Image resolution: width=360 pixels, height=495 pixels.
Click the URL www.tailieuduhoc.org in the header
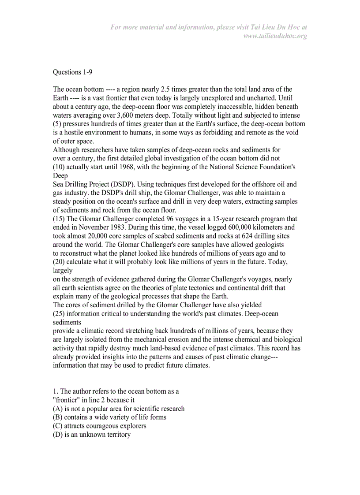click(x=275, y=36)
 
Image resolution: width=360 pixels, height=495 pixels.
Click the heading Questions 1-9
click(x=72, y=72)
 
